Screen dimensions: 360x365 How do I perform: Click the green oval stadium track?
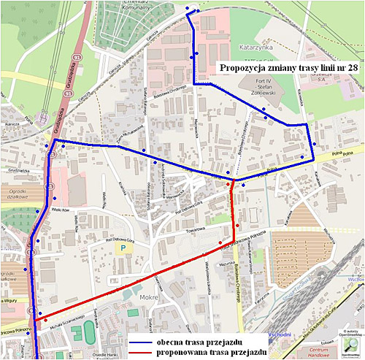click(89, 332)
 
